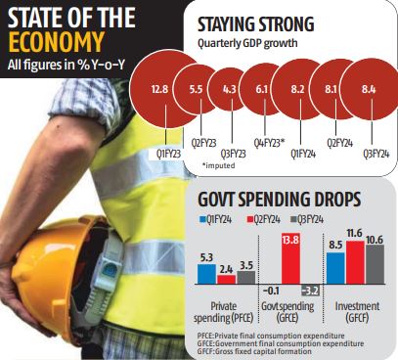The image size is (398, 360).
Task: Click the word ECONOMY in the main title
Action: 55,44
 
